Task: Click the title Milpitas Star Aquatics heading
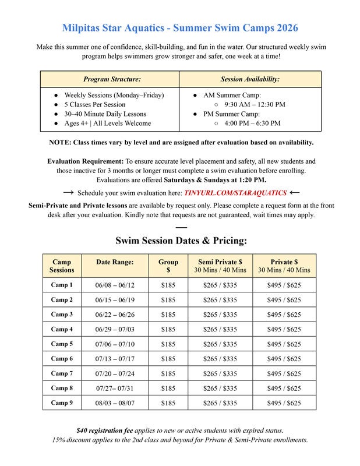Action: point(180,27)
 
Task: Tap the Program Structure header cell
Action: point(112,79)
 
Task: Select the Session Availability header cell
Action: point(250,79)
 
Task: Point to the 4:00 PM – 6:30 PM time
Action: point(251,123)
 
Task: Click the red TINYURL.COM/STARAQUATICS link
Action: point(235,192)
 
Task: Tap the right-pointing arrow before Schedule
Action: point(68,192)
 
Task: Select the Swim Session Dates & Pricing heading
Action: point(181,240)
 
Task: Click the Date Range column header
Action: point(115,262)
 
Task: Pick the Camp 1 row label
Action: point(62,285)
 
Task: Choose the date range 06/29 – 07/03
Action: point(115,329)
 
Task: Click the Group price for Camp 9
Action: point(168,403)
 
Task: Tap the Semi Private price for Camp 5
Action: point(220,344)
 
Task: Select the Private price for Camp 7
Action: point(284,373)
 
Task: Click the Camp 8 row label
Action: point(62,388)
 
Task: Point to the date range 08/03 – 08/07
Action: point(115,403)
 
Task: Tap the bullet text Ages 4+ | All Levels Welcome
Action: point(107,123)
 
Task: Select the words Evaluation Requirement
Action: point(85,161)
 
